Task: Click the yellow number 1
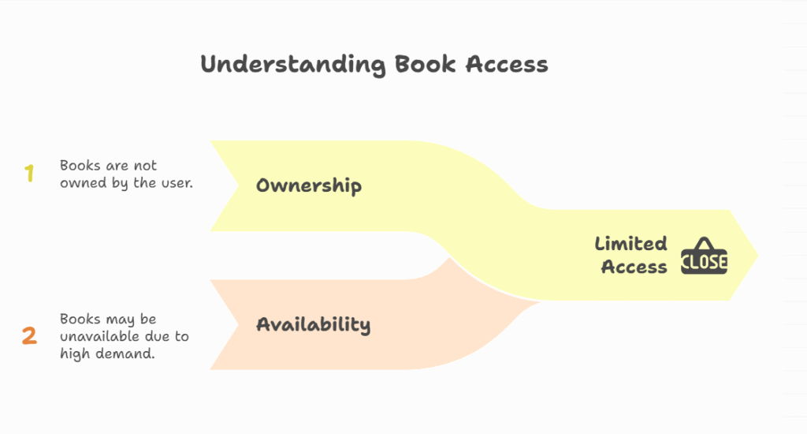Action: [x=29, y=174]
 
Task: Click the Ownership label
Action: [x=309, y=186]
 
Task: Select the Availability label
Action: [x=313, y=324]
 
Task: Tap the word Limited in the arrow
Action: [x=630, y=244]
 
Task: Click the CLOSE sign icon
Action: [x=704, y=261]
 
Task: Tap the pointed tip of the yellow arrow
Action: [x=757, y=255]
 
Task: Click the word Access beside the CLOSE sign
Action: [x=634, y=267]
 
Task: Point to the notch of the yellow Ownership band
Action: [x=239, y=186]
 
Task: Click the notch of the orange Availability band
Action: [x=239, y=324]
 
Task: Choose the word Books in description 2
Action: [x=80, y=320]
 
